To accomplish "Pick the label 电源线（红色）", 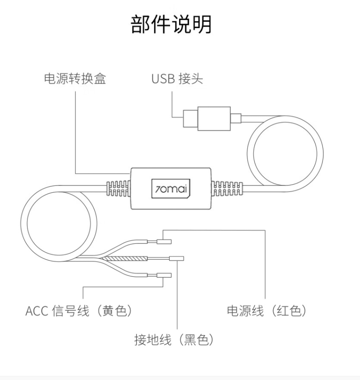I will tap(267, 311).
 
